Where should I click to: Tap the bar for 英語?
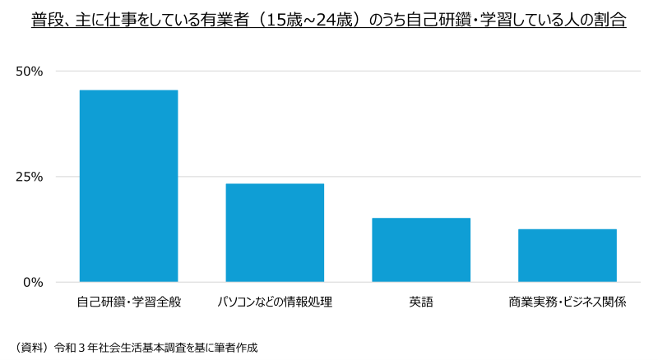pyautogui.click(x=421, y=250)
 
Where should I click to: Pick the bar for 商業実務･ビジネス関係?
pyautogui.click(x=568, y=256)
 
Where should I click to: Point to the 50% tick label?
pyautogui.click(x=30, y=72)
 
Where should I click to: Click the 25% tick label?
pyautogui.click(x=30, y=177)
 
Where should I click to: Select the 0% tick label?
pyautogui.click(x=33, y=282)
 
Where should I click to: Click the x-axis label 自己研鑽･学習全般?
pyautogui.click(x=128, y=302)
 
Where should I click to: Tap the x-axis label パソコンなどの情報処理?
pyautogui.click(x=275, y=302)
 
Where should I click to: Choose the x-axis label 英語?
pyautogui.click(x=421, y=302)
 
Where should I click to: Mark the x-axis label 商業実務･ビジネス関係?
pyautogui.click(x=568, y=302)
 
